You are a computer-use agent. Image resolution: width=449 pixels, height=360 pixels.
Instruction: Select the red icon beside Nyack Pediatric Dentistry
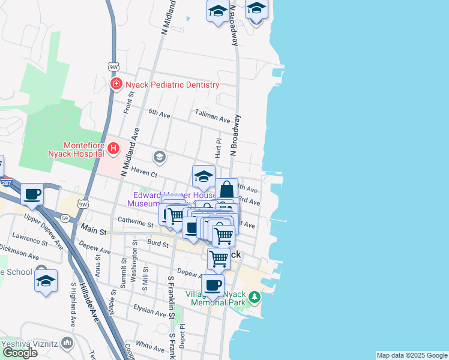point(116,85)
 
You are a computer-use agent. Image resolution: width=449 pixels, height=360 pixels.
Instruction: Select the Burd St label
point(157,244)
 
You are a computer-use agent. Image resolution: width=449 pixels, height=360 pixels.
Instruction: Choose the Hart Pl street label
point(219,146)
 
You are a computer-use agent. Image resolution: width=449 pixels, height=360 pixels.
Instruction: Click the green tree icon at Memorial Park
point(255,296)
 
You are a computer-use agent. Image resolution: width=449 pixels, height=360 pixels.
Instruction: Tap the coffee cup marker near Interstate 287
point(32,194)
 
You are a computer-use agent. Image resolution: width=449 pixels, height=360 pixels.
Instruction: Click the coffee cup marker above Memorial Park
point(212,285)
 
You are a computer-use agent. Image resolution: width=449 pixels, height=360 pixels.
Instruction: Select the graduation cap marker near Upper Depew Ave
point(46,281)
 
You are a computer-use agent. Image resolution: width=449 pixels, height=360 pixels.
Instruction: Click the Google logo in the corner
point(20,353)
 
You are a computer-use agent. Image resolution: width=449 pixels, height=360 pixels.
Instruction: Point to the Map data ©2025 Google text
point(412,355)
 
